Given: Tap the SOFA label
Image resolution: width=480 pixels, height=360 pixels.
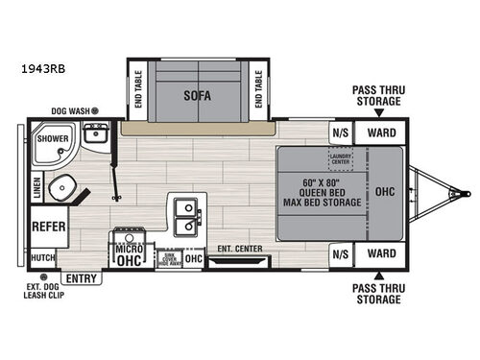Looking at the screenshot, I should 199,95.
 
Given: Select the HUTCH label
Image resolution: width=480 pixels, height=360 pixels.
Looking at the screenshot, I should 42,257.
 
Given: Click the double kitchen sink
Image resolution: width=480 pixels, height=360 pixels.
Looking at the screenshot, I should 187,217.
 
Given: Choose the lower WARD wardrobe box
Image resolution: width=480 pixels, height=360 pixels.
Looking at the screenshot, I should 381,254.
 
